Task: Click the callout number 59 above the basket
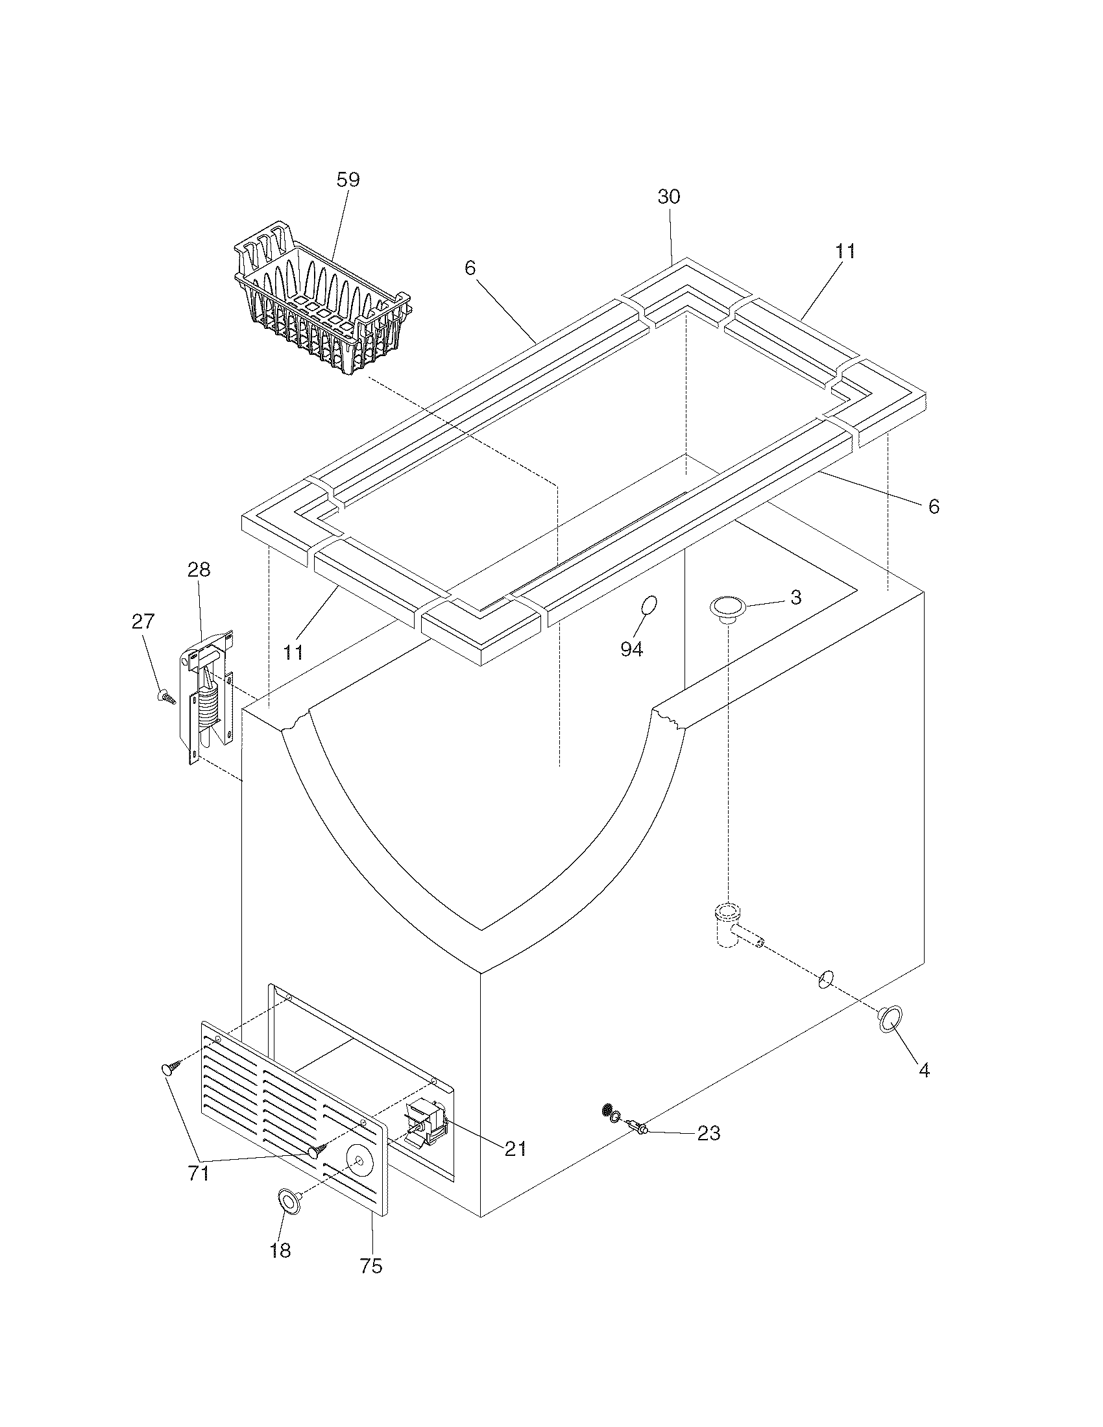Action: [x=348, y=180]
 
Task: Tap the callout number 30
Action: [x=668, y=197]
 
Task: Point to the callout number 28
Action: [x=199, y=570]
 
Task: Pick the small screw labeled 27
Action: [x=167, y=697]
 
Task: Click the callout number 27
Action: [x=144, y=621]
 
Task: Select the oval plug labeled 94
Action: [x=649, y=606]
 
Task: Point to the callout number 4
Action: [x=924, y=1070]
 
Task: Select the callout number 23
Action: [x=709, y=1133]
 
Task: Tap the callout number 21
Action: [x=516, y=1149]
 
